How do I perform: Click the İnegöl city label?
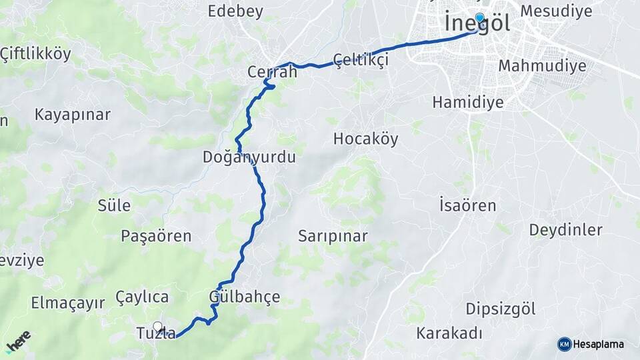(477, 24)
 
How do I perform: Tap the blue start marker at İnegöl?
(479, 19)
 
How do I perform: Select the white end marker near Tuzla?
(158, 327)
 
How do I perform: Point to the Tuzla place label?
(155, 333)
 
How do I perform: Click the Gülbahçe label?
(244, 296)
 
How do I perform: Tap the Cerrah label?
(271, 71)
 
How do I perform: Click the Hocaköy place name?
(365, 139)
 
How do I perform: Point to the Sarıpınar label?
(333, 236)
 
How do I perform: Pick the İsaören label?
(467, 205)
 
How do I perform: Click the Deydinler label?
(565, 230)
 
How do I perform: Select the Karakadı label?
(449, 333)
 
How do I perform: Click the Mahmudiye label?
(542, 65)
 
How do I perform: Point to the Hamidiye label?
(467, 102)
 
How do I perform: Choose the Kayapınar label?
(72, 114)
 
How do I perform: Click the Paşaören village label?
(156, 235)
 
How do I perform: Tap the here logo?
(18, 341)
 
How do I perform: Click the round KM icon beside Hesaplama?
(564, 344)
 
